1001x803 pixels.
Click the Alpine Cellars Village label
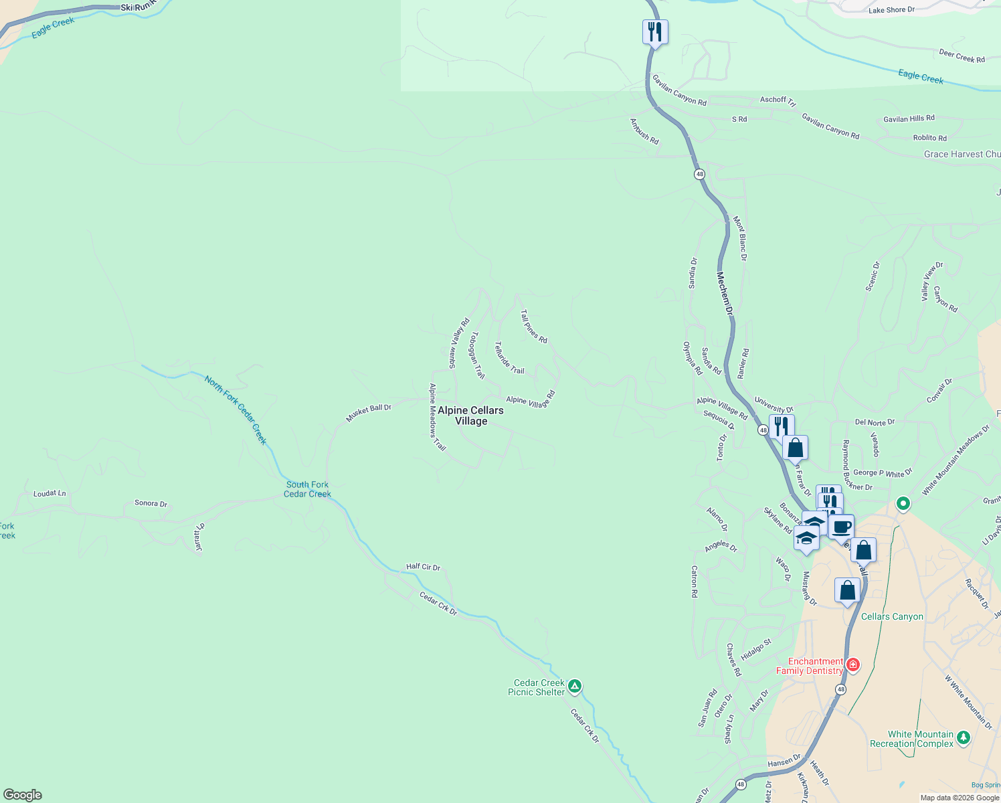coord(470,416)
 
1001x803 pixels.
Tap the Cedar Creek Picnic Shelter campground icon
coord(574,687)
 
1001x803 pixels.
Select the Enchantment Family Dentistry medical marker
coord(852,665)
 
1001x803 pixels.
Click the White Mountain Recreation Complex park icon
coord(963,738)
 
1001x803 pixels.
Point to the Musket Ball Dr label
coord(368,412)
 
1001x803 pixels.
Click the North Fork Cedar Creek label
coord(236,410)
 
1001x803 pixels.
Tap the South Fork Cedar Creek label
coord(307,489)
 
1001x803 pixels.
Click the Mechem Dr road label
coord(725,293)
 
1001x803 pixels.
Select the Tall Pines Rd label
coord(534,327)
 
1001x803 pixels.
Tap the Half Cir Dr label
coord(423,567)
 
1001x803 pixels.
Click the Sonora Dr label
coord(151,503)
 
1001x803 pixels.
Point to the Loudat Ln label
coord(50,494)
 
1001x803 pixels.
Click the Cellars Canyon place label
coord(892,616)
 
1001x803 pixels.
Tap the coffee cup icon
coord(842,527)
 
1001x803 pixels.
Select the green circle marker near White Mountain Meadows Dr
coord(903,503)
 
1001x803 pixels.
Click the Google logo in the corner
coord(23,795)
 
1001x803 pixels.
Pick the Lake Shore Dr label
coord(891,10)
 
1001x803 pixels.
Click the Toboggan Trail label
coord(477,355)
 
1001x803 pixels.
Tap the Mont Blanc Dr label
coord(739,238)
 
